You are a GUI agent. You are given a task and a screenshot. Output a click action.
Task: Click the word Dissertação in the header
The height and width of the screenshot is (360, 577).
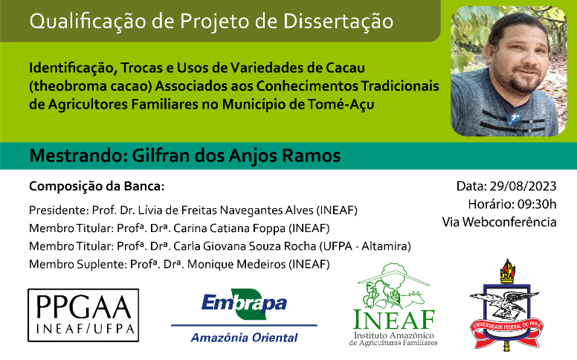pos(338,22)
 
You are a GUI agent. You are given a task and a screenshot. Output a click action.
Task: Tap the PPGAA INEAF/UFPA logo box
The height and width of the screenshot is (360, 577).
pos(83,315)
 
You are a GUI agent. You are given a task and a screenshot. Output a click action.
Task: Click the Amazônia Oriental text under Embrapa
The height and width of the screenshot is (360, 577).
pos(244,338)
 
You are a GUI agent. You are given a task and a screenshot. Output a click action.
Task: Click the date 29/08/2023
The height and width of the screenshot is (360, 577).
pos(523,186)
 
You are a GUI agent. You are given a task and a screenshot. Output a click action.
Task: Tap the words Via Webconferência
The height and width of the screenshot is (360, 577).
pos(499,222)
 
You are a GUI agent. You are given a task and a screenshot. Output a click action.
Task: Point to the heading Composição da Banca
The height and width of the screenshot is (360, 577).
pos(97,186)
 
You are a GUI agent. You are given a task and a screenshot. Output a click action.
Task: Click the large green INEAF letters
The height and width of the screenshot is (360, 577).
pos(393,320)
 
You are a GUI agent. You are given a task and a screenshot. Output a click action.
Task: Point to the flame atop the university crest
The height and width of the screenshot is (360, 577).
pos(507,269)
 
